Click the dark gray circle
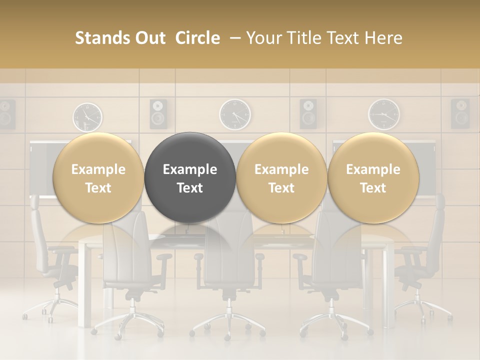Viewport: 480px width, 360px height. pos(190,177)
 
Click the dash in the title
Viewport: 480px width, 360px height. pos(233,38)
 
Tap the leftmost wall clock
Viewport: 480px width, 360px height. pos(88,116)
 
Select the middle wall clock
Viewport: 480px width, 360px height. pos(235,114)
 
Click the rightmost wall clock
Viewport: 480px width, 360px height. pos(384,114)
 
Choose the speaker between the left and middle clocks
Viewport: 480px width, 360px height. pos(158,113)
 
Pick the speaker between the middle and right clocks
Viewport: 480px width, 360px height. pos(308,113)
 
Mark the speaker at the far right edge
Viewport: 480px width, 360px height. pos(460,113)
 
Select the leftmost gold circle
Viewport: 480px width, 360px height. pos(98,177)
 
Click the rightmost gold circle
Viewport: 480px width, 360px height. pos(373,177)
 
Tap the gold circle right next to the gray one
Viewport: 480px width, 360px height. pos(281,177)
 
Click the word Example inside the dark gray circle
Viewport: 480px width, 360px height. pos(190,169)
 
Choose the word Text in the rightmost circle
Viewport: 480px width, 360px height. pos(373,188)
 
